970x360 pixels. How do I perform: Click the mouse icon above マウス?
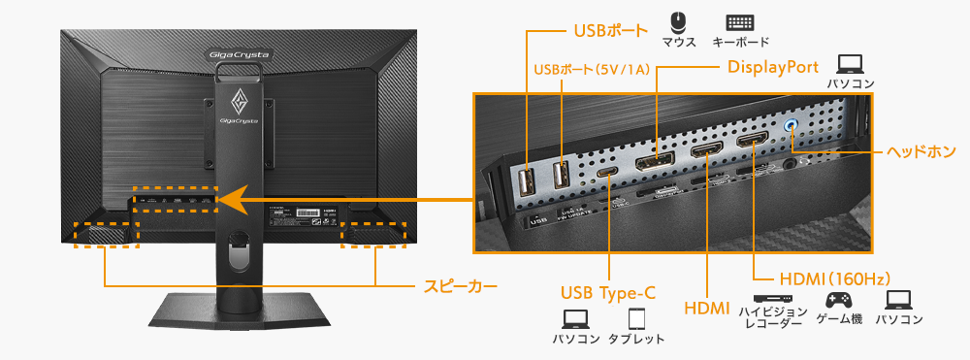(679, 20)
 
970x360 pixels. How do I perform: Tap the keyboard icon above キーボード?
(740, 21)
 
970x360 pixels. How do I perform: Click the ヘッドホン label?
(921, 152)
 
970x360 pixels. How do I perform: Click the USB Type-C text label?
(608, 293)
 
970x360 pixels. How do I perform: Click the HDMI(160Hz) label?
(822, 278)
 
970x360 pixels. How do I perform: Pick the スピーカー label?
(462, 287)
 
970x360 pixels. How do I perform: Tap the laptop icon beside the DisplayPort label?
(851, 64)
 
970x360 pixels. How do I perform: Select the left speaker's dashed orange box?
(108, 233)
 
